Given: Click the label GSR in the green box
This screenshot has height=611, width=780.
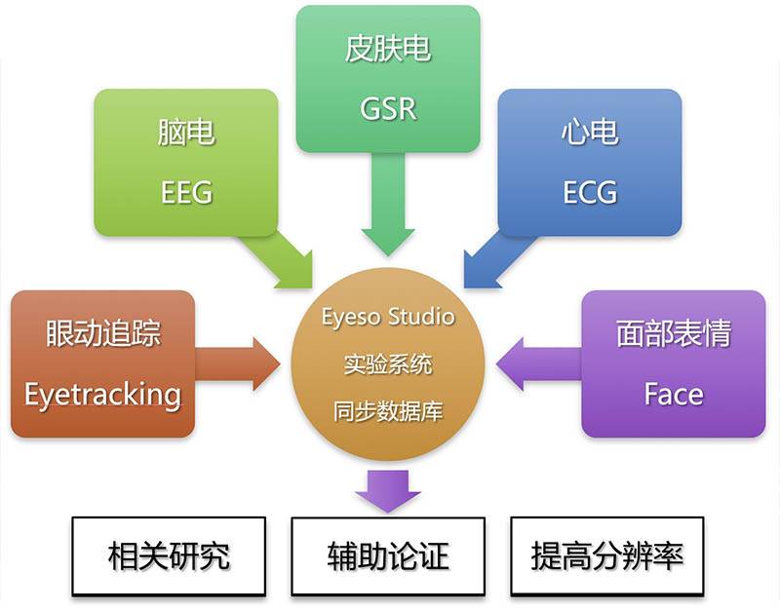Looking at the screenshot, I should (387, 107).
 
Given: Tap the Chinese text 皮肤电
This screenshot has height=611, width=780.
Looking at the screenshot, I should (387, 50).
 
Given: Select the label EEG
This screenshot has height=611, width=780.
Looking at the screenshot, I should (186, 191).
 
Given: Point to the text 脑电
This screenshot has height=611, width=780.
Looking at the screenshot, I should (186, 134).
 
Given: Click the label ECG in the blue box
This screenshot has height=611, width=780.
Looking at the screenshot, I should (590, 191).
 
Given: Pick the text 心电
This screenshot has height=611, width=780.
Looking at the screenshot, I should (590, 134).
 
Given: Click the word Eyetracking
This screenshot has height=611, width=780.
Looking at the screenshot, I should (102, 394).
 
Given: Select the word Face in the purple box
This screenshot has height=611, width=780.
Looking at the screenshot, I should (673, 394).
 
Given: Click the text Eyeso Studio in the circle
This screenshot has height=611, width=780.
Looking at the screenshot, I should (388, 317).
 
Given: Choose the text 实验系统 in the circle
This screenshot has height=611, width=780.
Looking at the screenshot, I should (388, 364).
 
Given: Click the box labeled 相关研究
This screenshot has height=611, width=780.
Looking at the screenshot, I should (169, 555).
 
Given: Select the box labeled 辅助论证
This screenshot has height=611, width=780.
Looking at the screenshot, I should (388, 555).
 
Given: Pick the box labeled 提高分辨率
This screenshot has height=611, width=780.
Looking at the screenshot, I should (606, 555).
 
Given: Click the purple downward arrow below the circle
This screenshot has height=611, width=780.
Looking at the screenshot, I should (387, 490).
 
